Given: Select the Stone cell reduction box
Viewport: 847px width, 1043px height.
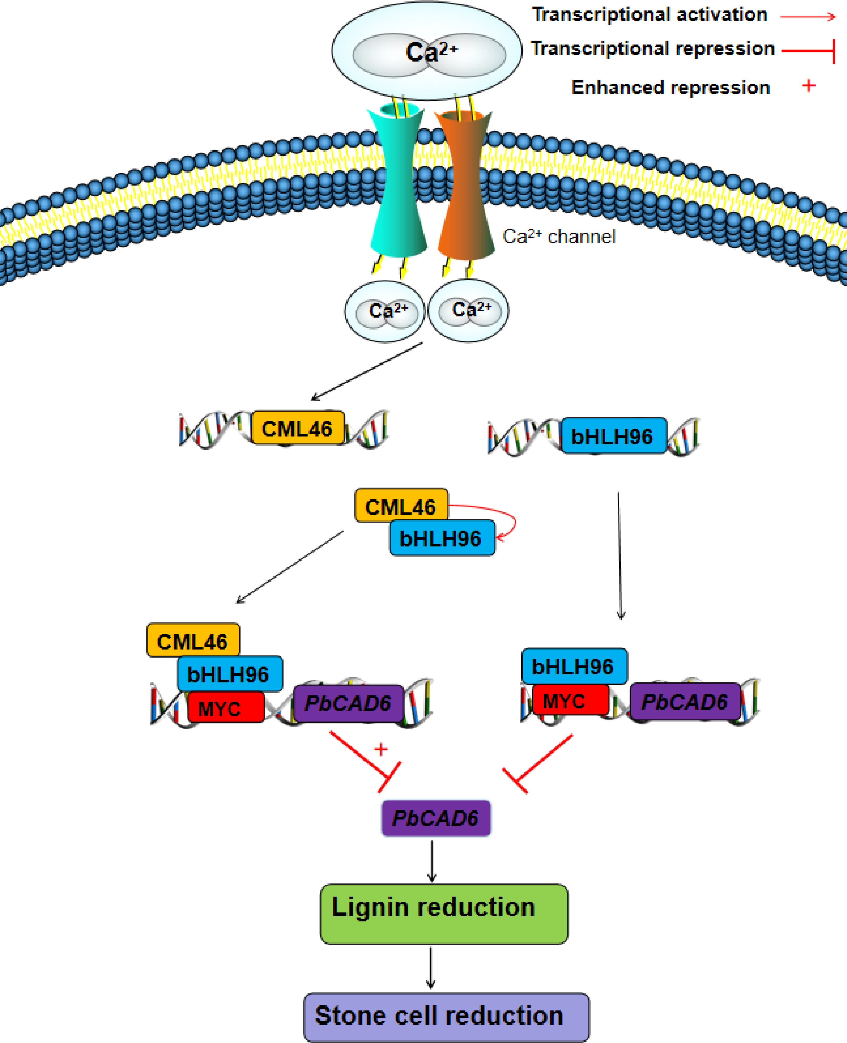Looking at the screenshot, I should point(446,1017).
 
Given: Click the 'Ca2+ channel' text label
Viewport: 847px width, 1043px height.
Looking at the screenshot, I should point(559,237).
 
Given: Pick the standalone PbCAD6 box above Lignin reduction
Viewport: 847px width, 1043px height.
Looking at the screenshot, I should point(436,818).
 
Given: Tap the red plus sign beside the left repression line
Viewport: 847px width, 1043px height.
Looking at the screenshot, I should point(381,749).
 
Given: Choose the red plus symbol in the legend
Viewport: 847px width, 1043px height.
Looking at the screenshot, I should point(808,86).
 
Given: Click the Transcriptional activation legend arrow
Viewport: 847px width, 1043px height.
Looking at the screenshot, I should point(808,17).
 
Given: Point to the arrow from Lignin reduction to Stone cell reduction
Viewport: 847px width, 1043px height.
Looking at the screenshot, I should point(430,968).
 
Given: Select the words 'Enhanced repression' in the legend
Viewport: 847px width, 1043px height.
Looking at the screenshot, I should point(670,88).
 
